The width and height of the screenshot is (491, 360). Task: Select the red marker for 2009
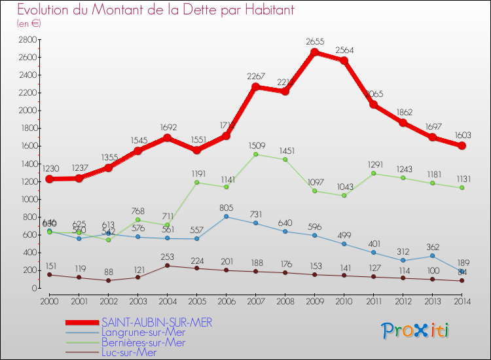(315, 52)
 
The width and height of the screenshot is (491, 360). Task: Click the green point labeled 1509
(255, 154)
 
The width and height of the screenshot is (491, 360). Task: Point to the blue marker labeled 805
(226, 217)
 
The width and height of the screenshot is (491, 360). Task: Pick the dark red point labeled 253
(167, 265)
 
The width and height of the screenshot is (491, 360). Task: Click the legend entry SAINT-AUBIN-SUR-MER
(157, 323)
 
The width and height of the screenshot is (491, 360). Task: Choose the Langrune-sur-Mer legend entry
(143, 333)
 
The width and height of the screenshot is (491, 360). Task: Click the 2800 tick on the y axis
(27, 40)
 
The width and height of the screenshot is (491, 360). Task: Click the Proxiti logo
(416, 330)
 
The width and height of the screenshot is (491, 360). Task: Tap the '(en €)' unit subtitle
(29, 24)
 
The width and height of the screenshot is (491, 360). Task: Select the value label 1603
(462, 134)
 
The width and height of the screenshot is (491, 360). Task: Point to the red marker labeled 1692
(167, 138)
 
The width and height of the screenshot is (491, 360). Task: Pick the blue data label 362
(433, 247)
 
